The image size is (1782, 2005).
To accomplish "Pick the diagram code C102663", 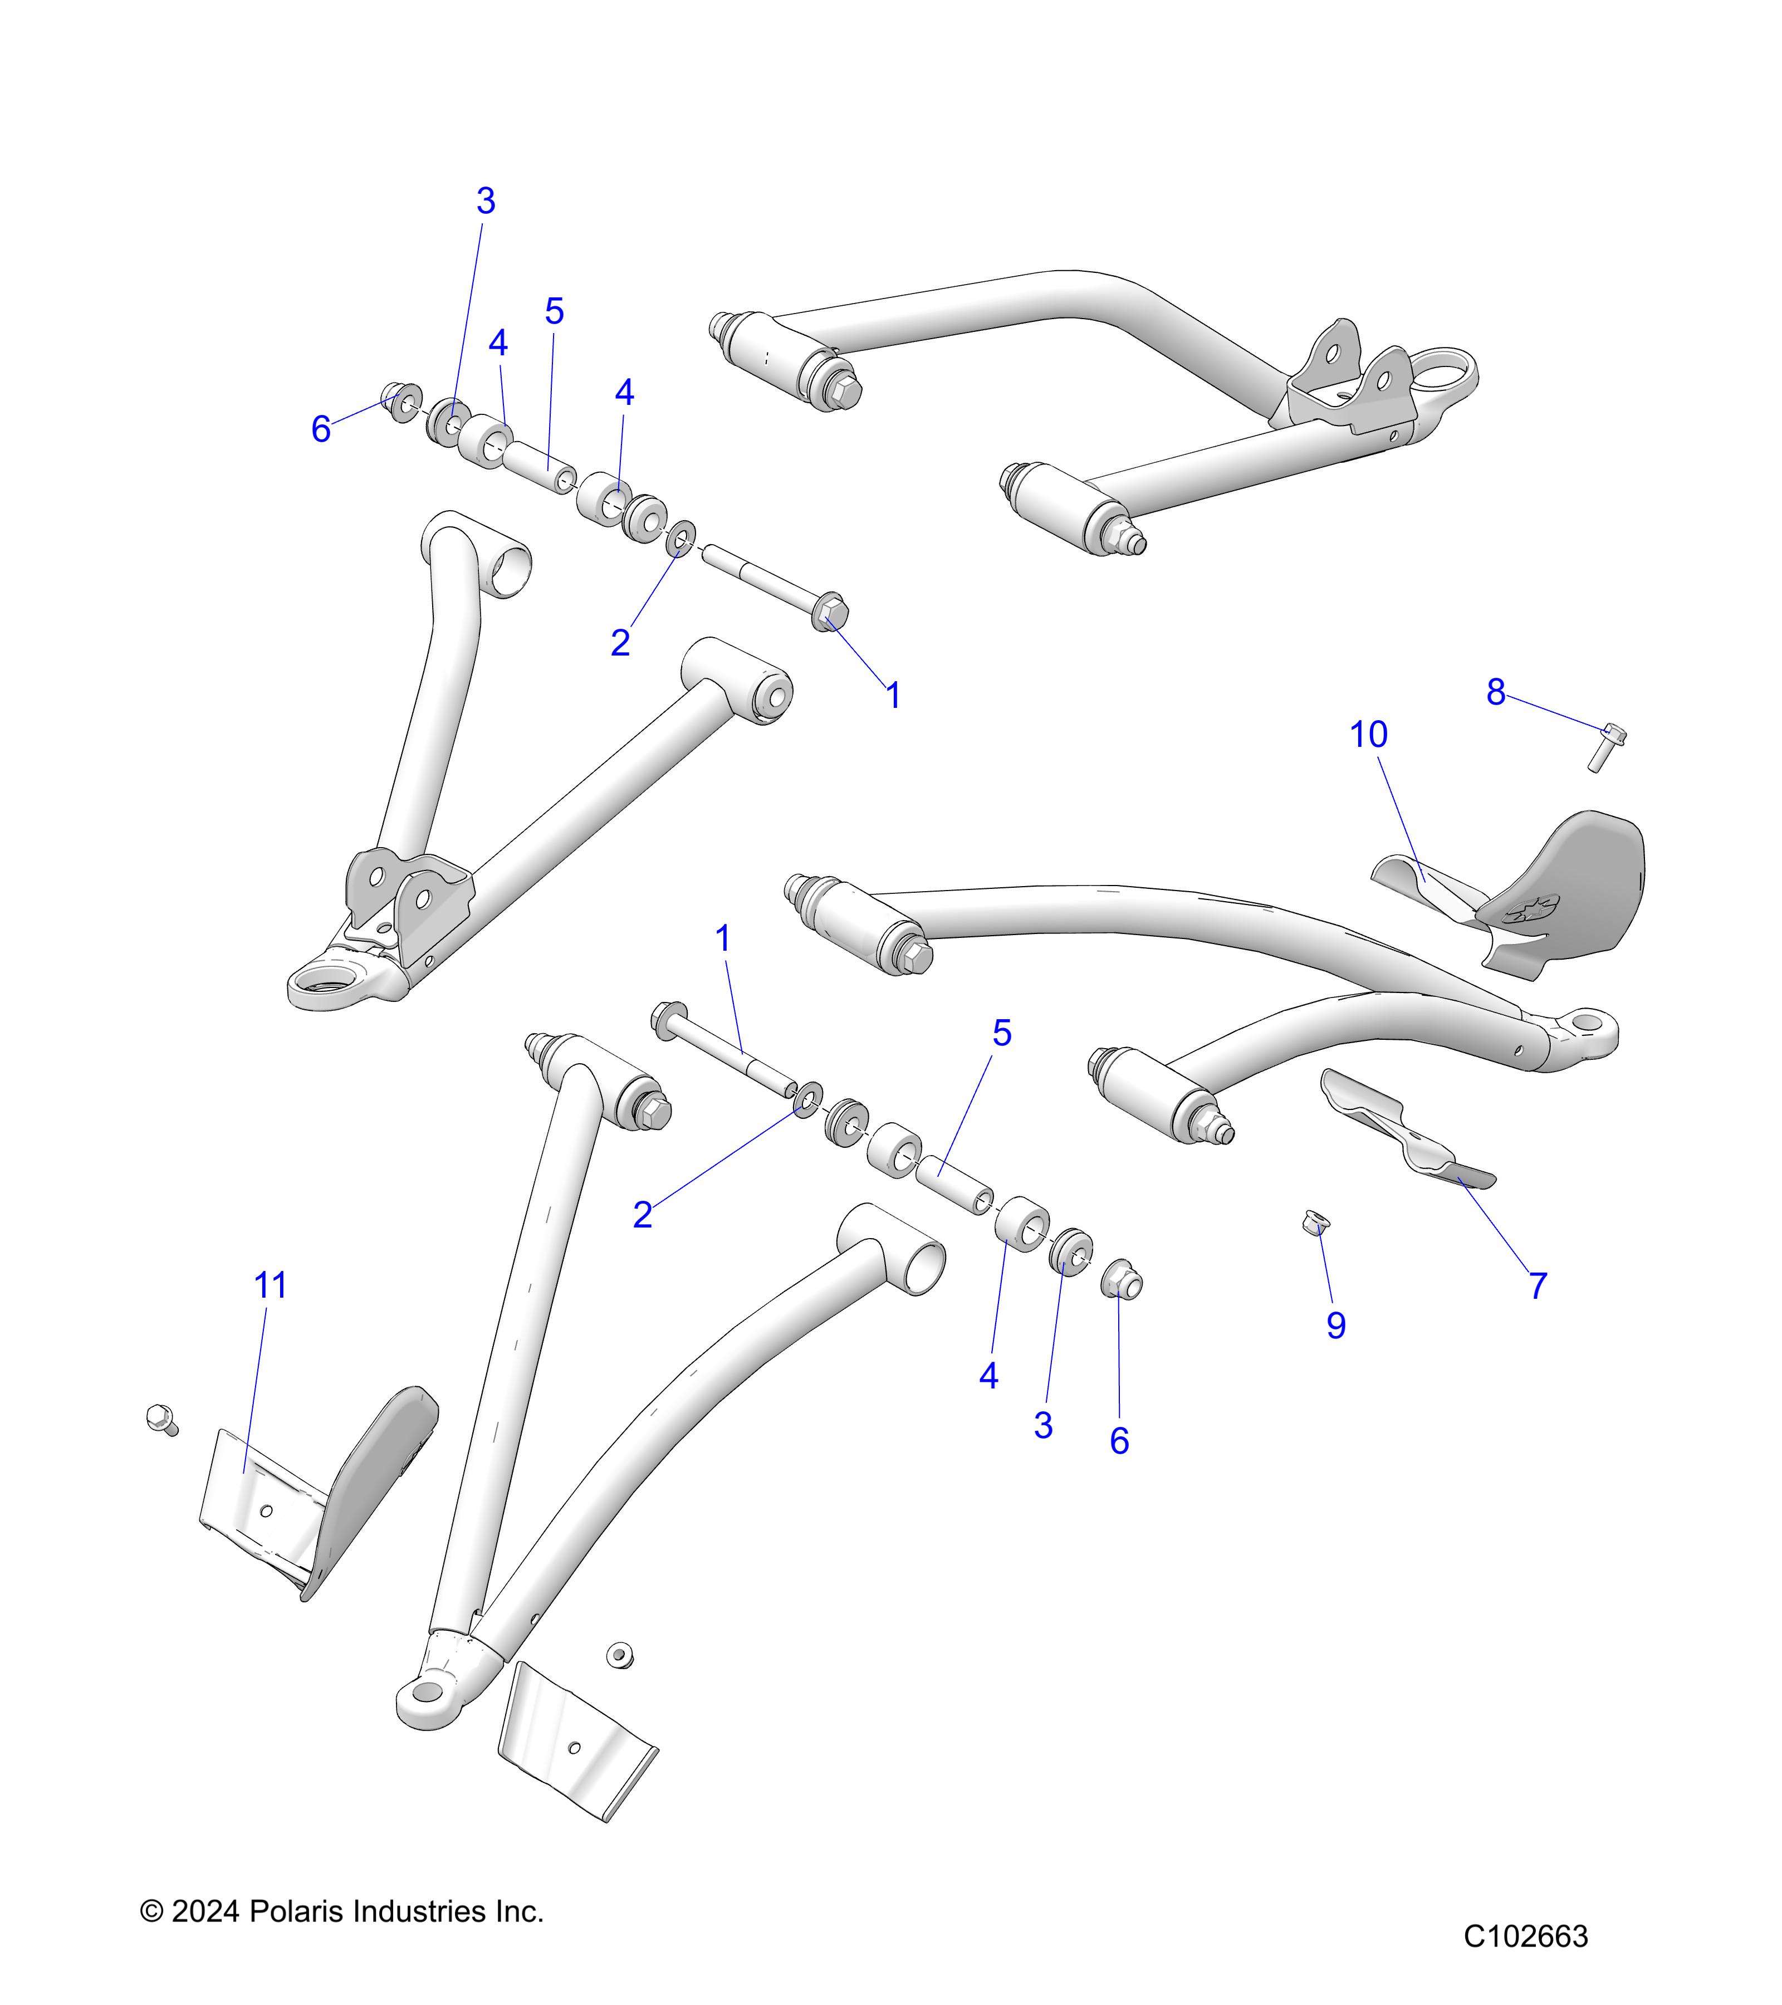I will [x=1525, y=1936].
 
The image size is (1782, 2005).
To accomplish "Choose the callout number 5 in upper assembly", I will [x=554, y=312].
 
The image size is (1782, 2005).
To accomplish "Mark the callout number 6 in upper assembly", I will [x=321, y=429].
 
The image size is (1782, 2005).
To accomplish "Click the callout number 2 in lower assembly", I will [x=643, y=1214].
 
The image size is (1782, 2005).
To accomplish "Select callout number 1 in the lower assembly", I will [x=723, y=939].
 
